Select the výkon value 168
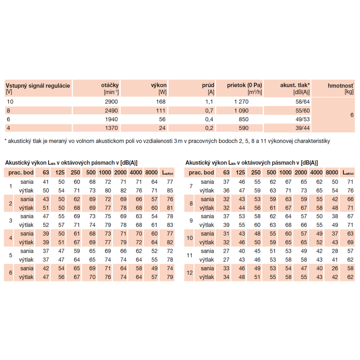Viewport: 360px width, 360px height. click(x=161, y=102)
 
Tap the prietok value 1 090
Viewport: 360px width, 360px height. click(x=241, y=111)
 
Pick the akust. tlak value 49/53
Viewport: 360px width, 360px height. click(x=302, y=119)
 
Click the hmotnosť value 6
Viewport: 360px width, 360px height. click(x=352, y=115)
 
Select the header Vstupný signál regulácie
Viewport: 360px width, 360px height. click(x=38, y=85)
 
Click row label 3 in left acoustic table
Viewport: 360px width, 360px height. click(x=10, y=221)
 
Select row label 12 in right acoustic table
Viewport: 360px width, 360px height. click(x=190, y=273)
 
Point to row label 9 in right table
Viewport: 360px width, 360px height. click(x=191, y=221)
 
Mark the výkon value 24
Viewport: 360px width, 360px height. click(x=162, y=128)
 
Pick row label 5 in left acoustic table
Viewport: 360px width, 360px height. click(x=10, y=255)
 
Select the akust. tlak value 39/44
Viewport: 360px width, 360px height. click(x=302, y=128)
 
